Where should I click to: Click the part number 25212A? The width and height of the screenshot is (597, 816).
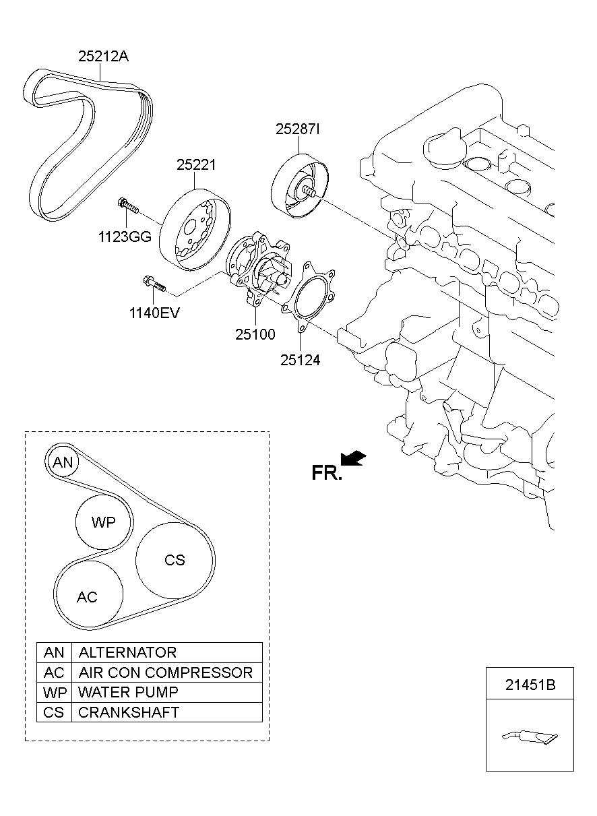(x=103, y=57)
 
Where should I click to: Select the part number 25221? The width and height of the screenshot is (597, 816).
(x=196, y=164)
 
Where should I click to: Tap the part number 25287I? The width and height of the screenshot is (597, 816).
(x=296, y=129)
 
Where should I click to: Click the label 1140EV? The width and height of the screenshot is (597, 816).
(x=155, y=312)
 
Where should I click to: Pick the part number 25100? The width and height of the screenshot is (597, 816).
(x=256, y=334)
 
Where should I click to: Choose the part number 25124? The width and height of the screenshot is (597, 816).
(x=300, y=360)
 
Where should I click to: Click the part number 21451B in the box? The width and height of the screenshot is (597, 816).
(x=530, y=685)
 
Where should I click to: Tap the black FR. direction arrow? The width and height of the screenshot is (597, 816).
(x=354, y=459)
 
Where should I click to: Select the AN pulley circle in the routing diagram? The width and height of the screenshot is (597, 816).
(x=63, y=463)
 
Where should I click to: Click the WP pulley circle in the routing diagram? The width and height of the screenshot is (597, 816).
(x=103, y=523)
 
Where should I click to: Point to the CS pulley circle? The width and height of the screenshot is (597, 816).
(x=174, y=560)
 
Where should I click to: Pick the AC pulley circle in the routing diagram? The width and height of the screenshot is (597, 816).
(x=88, y=597)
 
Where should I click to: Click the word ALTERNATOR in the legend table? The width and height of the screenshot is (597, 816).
(x=127, y=652)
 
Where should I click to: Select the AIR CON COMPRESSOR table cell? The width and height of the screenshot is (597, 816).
(x=166, y=672)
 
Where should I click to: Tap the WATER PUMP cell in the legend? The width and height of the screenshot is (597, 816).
(x=128, y=692)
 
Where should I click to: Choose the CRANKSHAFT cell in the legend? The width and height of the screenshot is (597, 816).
(x=129, y=712)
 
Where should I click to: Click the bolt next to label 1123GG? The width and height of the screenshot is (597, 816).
(x=127, y=206)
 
